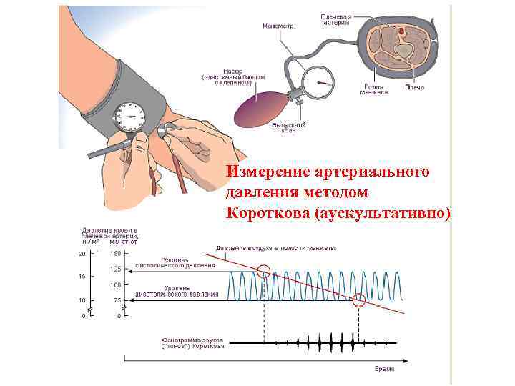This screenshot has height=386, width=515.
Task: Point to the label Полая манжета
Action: click(373, 90)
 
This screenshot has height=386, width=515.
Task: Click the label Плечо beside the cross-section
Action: click(415, 87)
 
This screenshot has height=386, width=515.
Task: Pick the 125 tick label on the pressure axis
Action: click(114, 269)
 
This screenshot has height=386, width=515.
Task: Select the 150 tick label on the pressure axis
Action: click(114, 253)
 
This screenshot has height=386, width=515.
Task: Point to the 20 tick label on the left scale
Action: click(82, 253)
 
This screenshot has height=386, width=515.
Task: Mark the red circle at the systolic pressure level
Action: click(264, 271)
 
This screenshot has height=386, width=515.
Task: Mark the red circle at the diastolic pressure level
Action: click(359, 301)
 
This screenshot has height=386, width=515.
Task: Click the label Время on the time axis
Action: click(385, 369)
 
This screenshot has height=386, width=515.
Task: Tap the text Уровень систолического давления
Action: click(187, 262)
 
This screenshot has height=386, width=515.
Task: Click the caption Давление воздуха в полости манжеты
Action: click(276, 248)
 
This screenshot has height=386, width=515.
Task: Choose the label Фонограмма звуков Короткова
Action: click(194, 342)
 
